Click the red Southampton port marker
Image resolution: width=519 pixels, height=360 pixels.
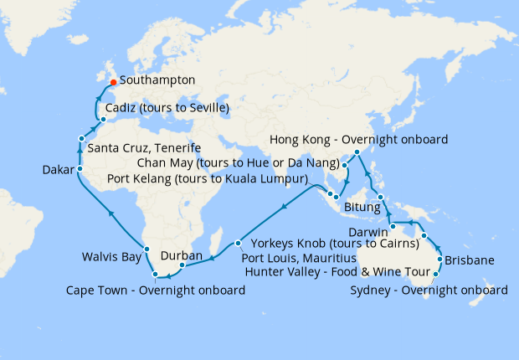[113, 82]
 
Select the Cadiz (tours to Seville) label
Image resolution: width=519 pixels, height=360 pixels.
[167, 109]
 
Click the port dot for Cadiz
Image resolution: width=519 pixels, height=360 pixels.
[102, 119]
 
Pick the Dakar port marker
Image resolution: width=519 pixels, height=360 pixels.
[80, 169]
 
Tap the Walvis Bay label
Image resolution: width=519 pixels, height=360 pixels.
[110, 257]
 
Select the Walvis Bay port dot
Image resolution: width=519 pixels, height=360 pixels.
[146, 249]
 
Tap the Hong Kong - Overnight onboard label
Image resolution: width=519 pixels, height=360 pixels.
[357, 139]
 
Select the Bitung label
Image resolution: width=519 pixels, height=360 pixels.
[355, 202]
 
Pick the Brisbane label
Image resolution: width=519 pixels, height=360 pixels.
[473, 260]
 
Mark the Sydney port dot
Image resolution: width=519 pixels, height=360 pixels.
[435, 273]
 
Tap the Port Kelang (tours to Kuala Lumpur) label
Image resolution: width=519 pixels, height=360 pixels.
[208, 179]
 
